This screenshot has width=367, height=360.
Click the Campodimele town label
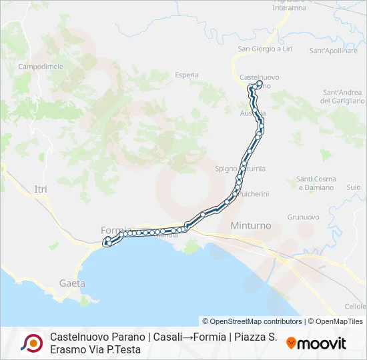click(40, 67)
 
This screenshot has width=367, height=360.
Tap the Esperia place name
click(187, 75)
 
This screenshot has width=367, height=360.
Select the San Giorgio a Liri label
click(265, 49)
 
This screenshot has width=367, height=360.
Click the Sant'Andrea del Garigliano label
click(342, 97)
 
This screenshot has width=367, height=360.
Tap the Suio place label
click(354, 188)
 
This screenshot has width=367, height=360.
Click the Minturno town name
click(250, 226)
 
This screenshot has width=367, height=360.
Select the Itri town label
click(41, 190)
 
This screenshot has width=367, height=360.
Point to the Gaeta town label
click(72, 283)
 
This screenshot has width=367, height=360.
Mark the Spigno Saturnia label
click(240, 169)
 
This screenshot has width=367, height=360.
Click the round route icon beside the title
click(31, 343)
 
